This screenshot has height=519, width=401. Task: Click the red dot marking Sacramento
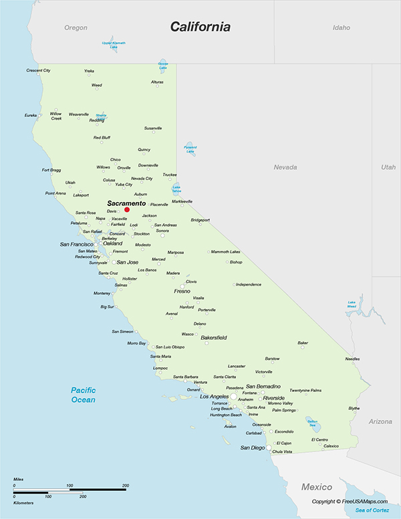coord(127,209)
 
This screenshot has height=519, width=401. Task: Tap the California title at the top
coord(200,27)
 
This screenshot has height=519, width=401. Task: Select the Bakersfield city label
coord(214,338)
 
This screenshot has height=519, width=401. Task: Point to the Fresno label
coord(182,291)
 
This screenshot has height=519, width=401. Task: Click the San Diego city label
coord(253,447)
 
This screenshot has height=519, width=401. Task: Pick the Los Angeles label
coord(215,397)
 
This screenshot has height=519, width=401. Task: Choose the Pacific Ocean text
coord(84,395)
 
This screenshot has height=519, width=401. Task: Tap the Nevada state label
coord(285,167)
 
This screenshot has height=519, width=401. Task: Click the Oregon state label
coord(76,27)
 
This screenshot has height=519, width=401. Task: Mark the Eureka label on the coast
coord(31,115)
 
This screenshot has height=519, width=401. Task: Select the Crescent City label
coord(38,70)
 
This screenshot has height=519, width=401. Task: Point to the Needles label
coord(352,359)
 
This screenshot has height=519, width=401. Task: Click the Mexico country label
coord(316,486)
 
